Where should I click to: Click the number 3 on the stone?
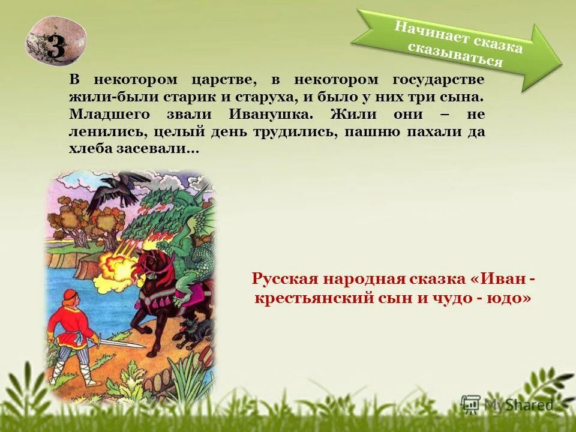(x=56, y=47)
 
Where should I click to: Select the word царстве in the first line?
(x=224, y=80)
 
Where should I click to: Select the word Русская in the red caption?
(x=286, y=280)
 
